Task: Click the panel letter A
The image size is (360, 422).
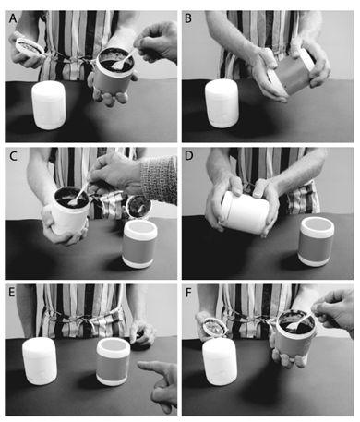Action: [13, 18]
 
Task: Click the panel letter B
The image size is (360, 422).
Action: [188, 18]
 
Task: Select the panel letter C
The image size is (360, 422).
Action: [13, 156]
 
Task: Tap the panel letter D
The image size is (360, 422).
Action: [188, 156]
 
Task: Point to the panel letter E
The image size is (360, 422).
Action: [12, 292]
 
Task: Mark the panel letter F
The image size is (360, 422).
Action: [188, 293]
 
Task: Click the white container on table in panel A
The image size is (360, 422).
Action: [49, 105]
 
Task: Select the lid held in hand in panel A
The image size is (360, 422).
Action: [30, 47]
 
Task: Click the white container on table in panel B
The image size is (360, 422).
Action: [222, 103]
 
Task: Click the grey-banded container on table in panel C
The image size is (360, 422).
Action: [140, 244]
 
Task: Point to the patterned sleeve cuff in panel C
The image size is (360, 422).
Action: [159, 178]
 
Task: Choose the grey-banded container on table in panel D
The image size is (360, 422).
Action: [317, 241]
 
